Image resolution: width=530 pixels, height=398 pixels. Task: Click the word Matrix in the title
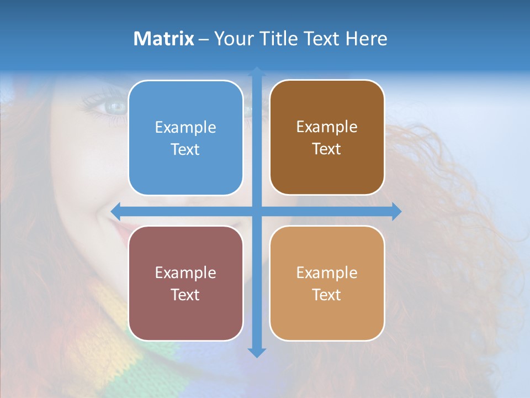[164, 39]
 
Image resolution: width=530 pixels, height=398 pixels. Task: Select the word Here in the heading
[366, 39]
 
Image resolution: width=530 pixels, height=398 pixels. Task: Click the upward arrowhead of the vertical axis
[257, 71]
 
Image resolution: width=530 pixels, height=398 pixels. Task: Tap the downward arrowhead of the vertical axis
[257, 352]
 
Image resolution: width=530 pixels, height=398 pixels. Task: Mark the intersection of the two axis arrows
[257, 211]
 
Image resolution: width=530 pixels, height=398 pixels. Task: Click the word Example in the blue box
[185, 127]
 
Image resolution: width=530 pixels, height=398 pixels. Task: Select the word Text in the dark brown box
[327, 149]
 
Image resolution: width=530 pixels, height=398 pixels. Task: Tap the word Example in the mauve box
[185, 273]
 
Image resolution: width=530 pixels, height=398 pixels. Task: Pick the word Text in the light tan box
[327, 295]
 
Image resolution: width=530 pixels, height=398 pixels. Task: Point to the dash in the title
[204, 39]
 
